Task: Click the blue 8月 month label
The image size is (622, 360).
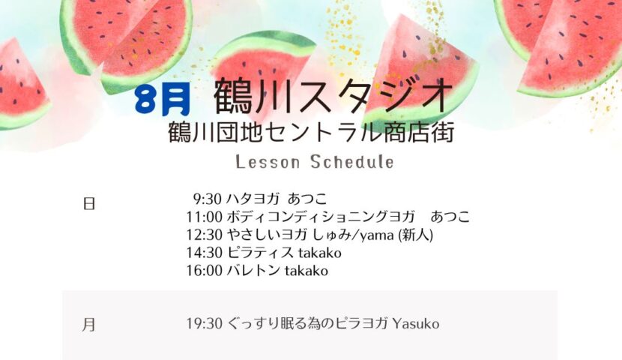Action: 162,100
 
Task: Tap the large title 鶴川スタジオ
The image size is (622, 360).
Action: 333,96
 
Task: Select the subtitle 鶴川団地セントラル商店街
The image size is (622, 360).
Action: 311,133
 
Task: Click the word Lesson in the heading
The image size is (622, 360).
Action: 268,162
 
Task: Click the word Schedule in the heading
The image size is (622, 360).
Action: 352,162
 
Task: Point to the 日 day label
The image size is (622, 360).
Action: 89,203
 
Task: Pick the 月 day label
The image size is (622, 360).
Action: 89,325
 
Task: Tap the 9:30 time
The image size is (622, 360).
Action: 207,199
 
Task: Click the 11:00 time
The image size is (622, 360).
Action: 205,217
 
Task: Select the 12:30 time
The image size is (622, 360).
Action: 205,235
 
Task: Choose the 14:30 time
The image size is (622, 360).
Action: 205,253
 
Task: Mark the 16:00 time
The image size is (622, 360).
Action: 205,271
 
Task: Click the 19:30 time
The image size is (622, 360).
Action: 205,324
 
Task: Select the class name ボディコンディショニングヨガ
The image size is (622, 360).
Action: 321,217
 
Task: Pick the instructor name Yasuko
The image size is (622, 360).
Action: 416,324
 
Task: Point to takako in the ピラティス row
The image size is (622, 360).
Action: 320,253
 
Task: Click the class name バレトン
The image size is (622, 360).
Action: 253,271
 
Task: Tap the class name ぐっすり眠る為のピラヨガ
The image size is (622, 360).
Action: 307,324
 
